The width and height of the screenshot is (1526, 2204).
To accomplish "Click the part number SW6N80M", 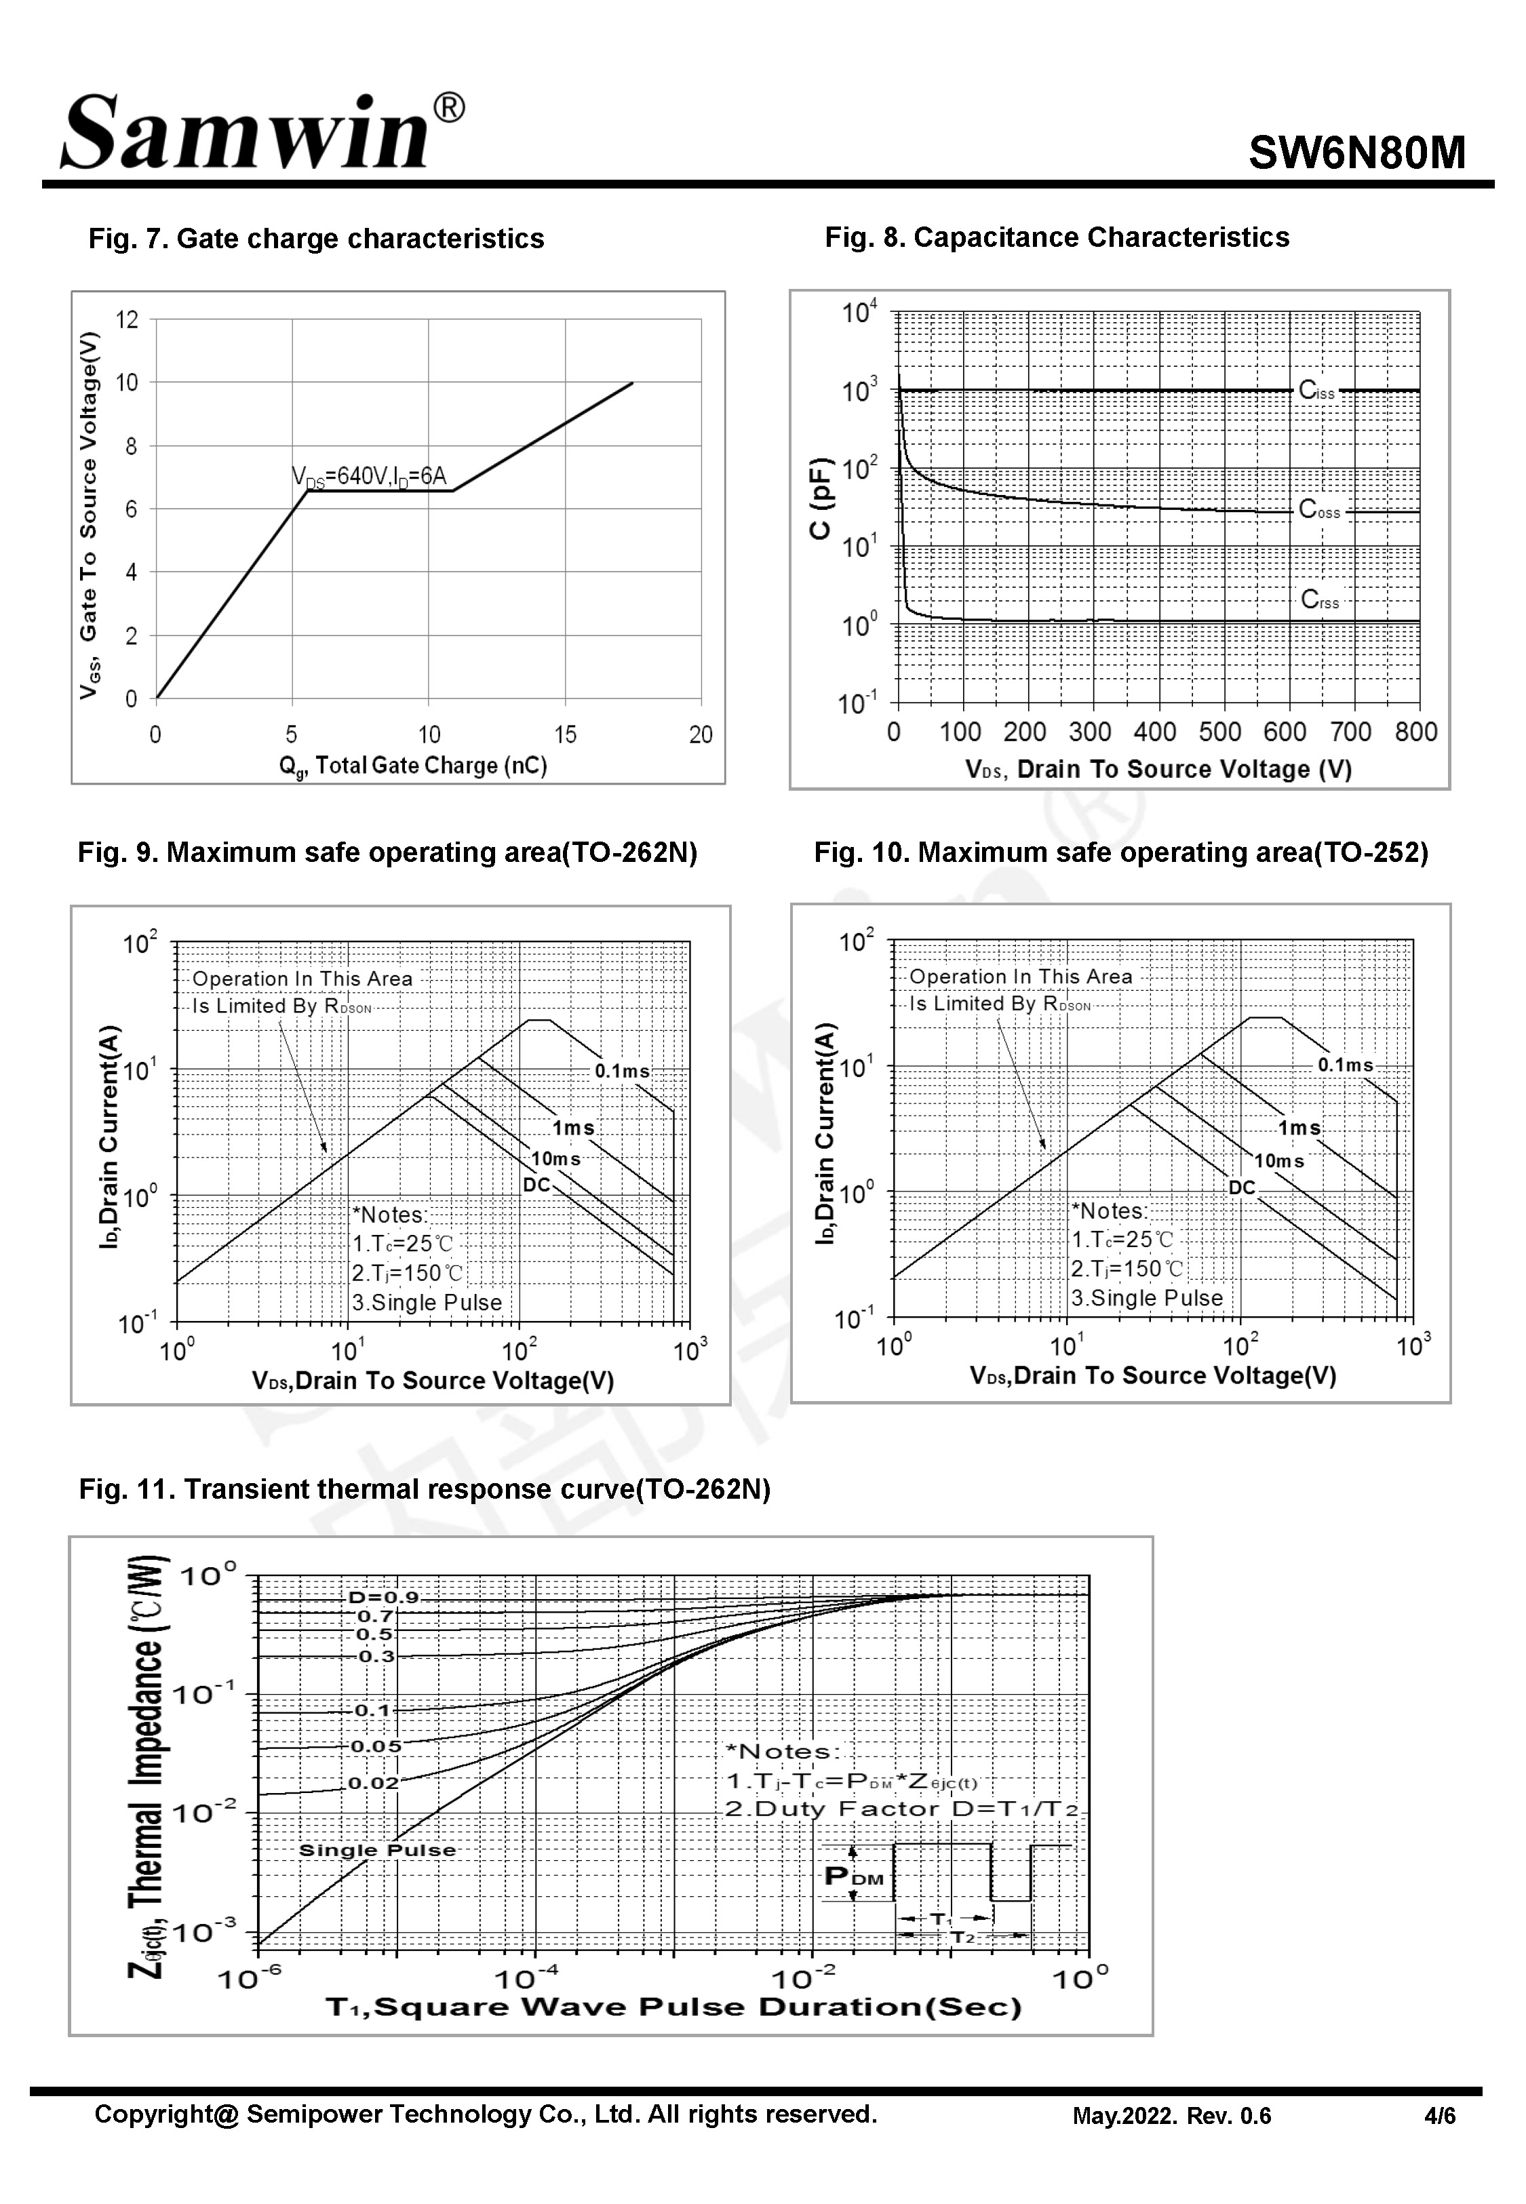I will pos(1356,152).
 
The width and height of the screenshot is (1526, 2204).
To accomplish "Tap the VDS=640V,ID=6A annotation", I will pos(369,476).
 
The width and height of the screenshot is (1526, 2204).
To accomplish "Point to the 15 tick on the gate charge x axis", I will pos(565,734).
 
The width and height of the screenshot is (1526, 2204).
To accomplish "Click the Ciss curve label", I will pos(1316,390).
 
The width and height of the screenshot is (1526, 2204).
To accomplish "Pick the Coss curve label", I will pos(1319,511).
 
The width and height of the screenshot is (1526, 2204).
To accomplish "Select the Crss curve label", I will pos(1319,599).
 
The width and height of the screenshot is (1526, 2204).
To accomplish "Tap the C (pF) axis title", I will pos(821,498).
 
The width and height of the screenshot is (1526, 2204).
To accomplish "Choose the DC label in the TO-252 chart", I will pos(1241,1187).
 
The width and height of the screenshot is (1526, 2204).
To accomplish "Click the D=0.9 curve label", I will pos(383,1596).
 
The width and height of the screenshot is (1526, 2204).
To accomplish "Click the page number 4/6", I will pos(1439,2116).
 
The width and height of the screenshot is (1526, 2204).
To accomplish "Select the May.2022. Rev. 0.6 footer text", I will pos(1171,2116).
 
